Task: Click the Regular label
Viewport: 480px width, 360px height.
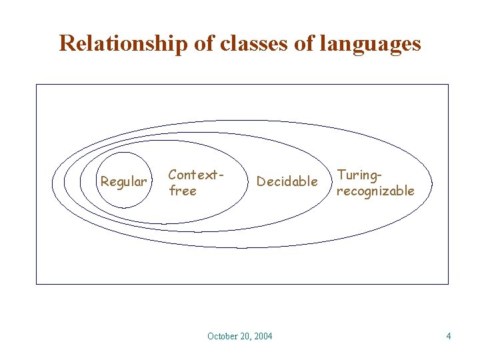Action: point(123,181)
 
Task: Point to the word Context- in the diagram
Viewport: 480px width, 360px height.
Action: point(195,175)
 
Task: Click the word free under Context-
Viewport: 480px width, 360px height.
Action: point(182,191)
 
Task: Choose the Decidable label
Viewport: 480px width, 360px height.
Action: point(287,181)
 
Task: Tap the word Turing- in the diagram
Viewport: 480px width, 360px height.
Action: point(360,175)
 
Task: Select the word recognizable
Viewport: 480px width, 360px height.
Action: point(375,191)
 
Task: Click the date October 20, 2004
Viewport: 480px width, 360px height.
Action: point(239,336)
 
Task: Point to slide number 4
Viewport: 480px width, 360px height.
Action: point(449,336)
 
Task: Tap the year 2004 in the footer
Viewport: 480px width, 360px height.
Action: point(263,336)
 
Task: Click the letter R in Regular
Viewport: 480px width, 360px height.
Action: point(104,181)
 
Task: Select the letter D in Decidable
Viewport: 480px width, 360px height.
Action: point(261,181)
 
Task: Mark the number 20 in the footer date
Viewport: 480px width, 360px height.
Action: point(245,336)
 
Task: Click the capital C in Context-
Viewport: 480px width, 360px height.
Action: point(172,175)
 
